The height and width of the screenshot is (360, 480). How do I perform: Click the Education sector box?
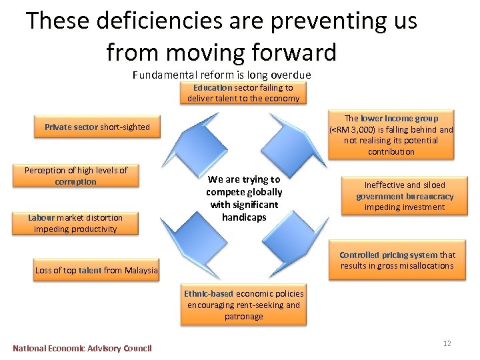[243, 93]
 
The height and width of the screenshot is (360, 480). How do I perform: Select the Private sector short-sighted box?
[97, 127]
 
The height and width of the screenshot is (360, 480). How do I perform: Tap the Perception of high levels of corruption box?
[75, 177]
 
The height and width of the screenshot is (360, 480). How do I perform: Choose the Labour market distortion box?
[75, 223]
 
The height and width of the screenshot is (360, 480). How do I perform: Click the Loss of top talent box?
[97, 270]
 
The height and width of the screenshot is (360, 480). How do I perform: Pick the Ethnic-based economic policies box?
[243, 305]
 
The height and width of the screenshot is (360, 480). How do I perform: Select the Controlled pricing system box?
[397, 261]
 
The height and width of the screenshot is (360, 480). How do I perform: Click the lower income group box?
[391, 135]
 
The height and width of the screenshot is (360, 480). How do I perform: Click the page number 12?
[447, 343]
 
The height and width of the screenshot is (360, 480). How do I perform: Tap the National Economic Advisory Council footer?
[82, 348]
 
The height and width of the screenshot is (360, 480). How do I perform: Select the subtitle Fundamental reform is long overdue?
[222, 75]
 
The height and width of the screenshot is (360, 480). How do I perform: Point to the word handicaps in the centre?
[244, 217]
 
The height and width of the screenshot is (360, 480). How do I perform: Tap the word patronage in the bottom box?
[244, 317]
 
